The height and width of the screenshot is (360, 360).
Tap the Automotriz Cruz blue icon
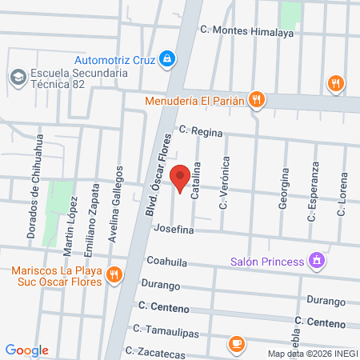[166, 58]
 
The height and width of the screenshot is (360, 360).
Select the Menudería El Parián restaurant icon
[256, 100]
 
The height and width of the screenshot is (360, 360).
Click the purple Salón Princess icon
[318, 261]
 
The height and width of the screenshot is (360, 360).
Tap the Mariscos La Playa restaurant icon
[114, 274]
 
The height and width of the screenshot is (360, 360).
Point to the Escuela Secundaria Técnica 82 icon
[16, 77]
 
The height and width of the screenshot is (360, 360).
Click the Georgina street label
[283, 190]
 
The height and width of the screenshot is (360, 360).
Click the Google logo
[27, 350]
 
